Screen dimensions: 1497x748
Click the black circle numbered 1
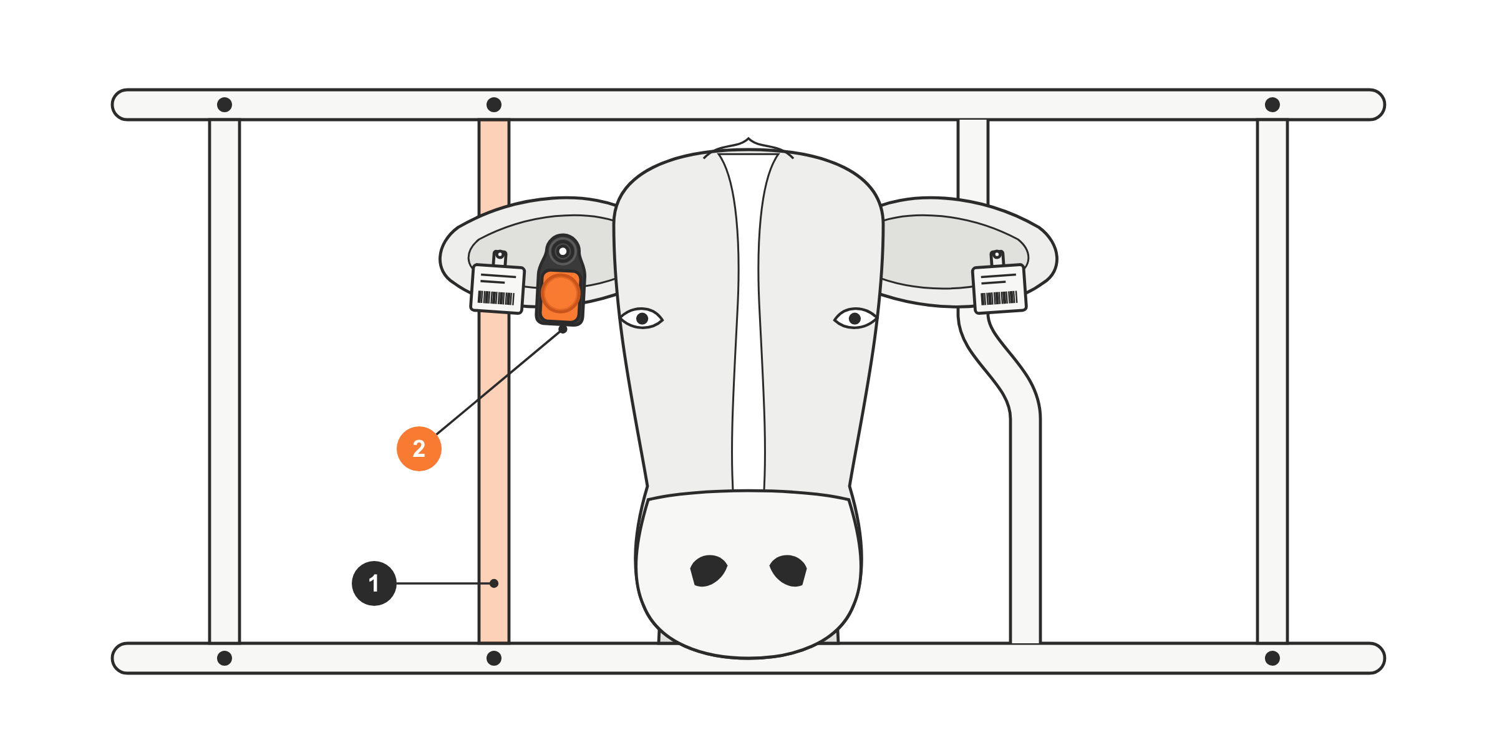pos(374,583)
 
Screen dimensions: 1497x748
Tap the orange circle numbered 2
pos(419,449)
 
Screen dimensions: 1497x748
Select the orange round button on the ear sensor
pos(560,293)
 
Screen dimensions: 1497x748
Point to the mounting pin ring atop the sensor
pos(563,251)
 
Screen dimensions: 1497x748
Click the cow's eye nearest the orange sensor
pos(642,319)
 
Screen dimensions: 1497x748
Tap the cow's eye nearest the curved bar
pos(855,319)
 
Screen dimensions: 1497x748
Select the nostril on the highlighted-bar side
pos(709,570)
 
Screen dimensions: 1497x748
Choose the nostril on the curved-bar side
pos(788,570)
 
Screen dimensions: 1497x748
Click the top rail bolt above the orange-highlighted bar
pos(494,105)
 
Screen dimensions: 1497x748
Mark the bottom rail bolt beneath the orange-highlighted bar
pos(494,658)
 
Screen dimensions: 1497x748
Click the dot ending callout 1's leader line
pos(494,583)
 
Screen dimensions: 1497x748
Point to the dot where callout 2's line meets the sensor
pos(563,329)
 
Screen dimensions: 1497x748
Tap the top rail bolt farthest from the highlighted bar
pos(1272,105)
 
